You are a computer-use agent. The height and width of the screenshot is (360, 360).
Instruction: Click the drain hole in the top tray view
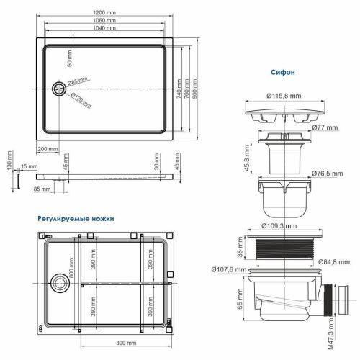(58, 90)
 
